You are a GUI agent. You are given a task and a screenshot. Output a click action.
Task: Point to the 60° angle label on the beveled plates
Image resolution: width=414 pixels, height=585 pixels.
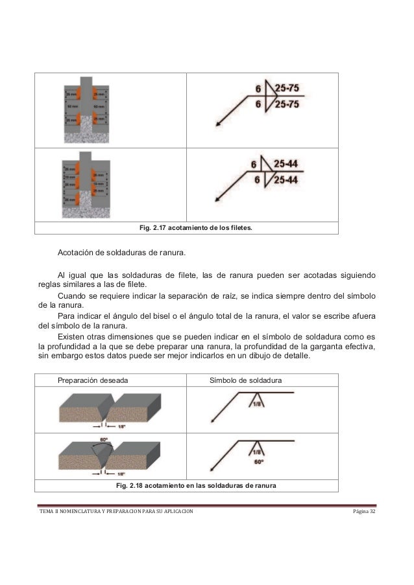tap(104, 440)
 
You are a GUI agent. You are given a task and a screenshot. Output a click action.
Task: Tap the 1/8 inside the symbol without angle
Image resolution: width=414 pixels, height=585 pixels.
tap(257, 404)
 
